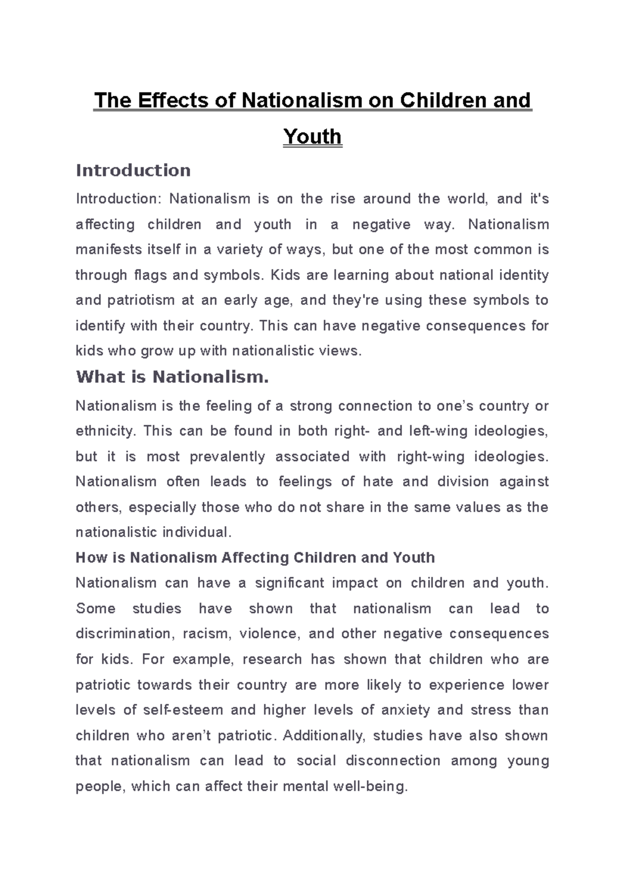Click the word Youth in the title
click(x=312, y=136)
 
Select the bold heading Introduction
click(x=133, y=170)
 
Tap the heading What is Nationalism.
click(x=172, y=376)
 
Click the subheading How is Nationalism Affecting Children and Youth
click(x=255, y=558)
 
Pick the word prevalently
click(x=227, y=457)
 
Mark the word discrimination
click(x=123, y=634)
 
